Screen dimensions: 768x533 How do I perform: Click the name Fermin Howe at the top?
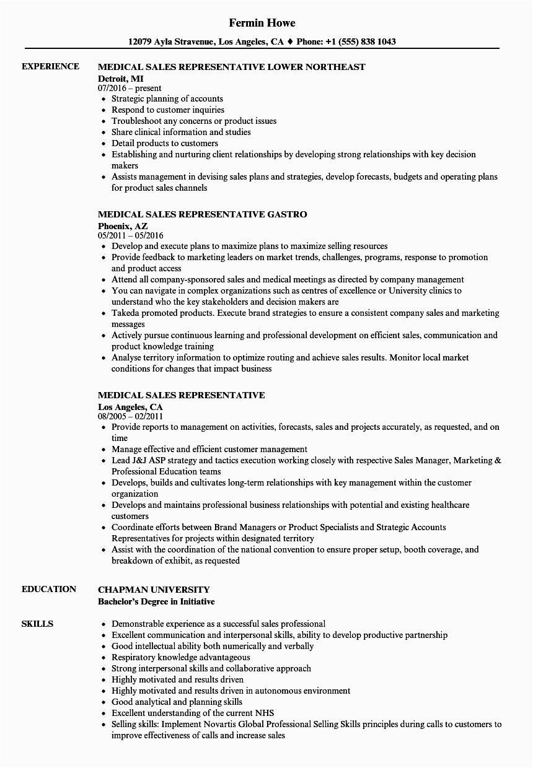tap(262, 23)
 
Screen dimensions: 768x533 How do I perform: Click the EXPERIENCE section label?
tap(50, 66)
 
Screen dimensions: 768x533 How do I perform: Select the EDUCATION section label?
tap(49, 589)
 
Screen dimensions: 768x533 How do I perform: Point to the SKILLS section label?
tap(37, 624)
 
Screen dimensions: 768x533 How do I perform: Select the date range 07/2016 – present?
tap(130, 88)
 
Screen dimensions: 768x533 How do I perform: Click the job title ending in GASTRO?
tap(203, 214)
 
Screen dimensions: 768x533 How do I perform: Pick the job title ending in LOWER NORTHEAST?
tap(232, 67)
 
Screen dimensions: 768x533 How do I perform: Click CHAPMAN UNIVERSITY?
tap(154, 590)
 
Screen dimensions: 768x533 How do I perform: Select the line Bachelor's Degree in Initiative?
tap(157, 601)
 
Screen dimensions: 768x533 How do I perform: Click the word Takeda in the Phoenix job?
tap(126, 313)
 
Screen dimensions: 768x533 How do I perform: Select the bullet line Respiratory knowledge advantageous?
tap(181, 657)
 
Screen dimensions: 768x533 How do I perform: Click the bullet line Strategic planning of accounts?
tap(167, 98)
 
